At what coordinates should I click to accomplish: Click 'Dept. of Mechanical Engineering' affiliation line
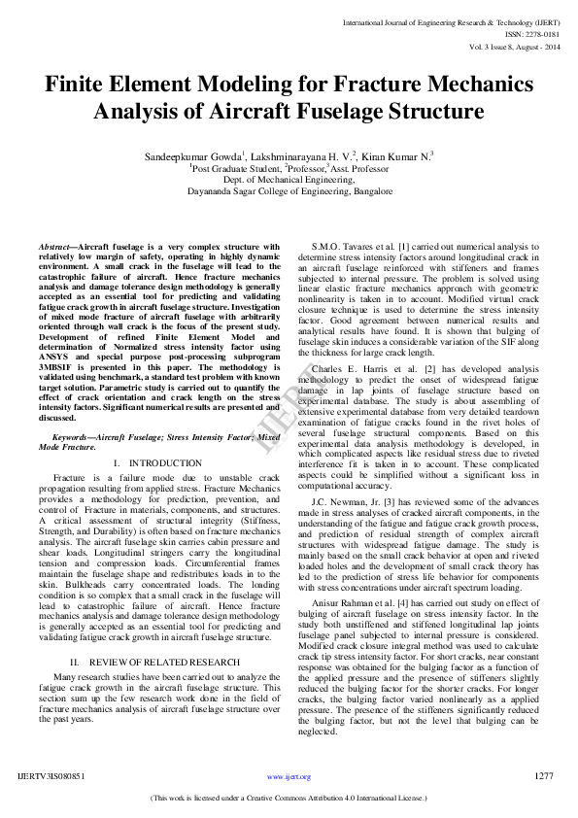click(x=289, y=180)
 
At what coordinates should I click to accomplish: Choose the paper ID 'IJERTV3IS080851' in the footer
click(x=51, y=777)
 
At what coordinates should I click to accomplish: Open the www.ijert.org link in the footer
click(x=289, y=777)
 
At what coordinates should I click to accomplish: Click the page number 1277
click(x=544, y=776)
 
